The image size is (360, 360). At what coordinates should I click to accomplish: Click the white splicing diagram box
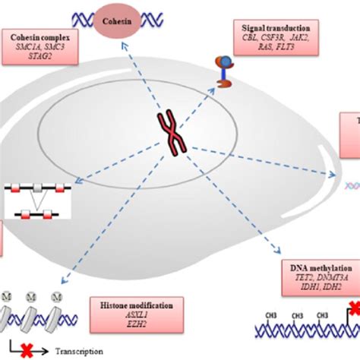[x=36, y=196]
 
